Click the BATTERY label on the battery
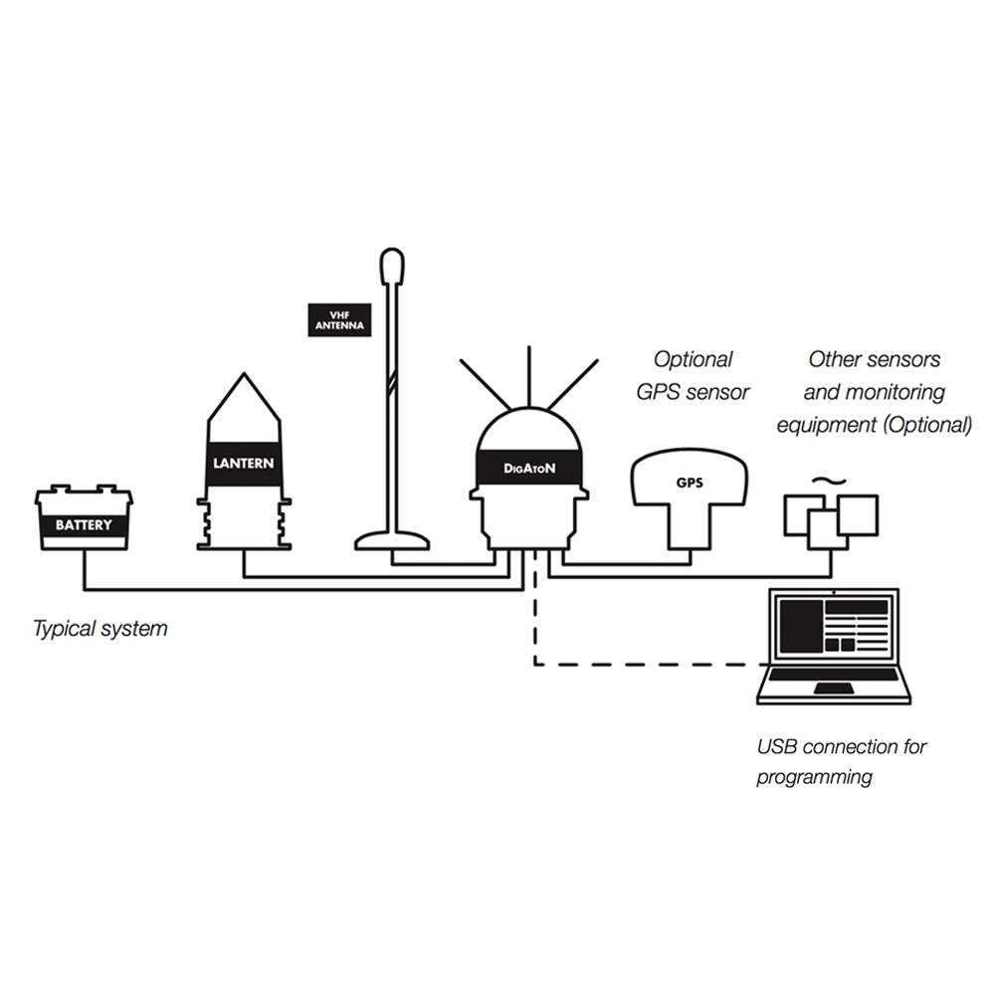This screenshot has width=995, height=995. (84, 525)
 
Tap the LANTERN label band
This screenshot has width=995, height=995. (244, 464)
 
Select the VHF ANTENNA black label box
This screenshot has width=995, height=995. (339, 319)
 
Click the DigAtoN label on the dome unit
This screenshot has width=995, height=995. (529, 469)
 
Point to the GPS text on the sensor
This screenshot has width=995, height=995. (690, 483)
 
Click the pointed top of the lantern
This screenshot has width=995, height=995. (245, 374)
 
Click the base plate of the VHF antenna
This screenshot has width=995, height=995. (392, 541)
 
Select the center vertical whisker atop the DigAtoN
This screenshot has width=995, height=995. (528, 377)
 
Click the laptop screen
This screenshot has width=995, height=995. (834, 626)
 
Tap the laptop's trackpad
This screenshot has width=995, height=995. (834, 689)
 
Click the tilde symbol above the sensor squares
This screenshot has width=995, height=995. (830, 482)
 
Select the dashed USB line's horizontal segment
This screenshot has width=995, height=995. (652, 665)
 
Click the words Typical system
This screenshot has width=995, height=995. (100, 628)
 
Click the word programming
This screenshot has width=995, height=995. (814, 777)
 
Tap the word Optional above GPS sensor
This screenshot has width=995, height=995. (693, 360)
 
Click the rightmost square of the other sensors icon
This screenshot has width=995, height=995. (858, 515)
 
